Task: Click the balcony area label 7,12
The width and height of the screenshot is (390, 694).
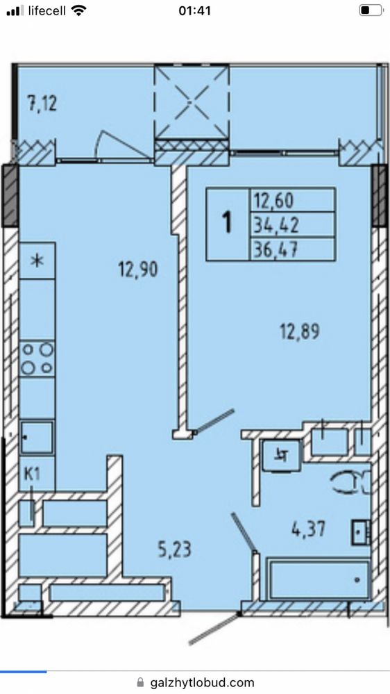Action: pyautogui.click(x=42, y=104)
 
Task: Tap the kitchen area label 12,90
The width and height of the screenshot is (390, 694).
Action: pyautogui.click(x=137, y=269)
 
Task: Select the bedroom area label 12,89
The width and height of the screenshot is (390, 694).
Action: pyautogui.click(x=299, y=331)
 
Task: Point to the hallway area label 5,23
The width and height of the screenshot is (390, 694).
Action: pyautogui.click(x=175, y=550)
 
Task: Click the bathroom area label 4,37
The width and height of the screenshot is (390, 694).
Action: pyautogui.click(x=308, y=528)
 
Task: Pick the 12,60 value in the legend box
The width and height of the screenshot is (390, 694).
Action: pyautogui.click(x=273, y=201)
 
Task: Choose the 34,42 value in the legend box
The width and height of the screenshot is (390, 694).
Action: pyautogui.click(x=275, y=226)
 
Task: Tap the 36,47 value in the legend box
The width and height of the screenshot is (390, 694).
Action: pyautogui.click(x=275, y=250)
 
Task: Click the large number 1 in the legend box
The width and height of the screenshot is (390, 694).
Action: pyautogui.click(x=228, y=222)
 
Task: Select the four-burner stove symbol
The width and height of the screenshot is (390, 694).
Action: pyautogui.click(x=37, y=358)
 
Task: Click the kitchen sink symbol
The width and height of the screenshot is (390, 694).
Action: pyautogui.click(x=37, y=438)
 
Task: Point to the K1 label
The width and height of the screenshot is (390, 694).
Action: pyautogui.click(x=32, y=475)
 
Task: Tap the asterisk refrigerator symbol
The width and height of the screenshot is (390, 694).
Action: pyautogui.click(x=37, y=261)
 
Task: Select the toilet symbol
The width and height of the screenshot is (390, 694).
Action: pyautogui.click(x=353, y=482)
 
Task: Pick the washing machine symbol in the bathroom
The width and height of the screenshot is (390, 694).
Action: pyautogui.click(x=282, y=456)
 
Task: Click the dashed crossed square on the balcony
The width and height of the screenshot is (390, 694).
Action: pyautogui.click(x=192, y=102)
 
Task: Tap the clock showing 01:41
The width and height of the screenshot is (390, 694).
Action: pyautogui.click(x=194, y=10)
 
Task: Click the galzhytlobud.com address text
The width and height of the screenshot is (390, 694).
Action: pyautogui.click(x=202, y=682)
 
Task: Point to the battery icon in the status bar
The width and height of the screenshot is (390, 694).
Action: pyautogui.click(x=371, y=10)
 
